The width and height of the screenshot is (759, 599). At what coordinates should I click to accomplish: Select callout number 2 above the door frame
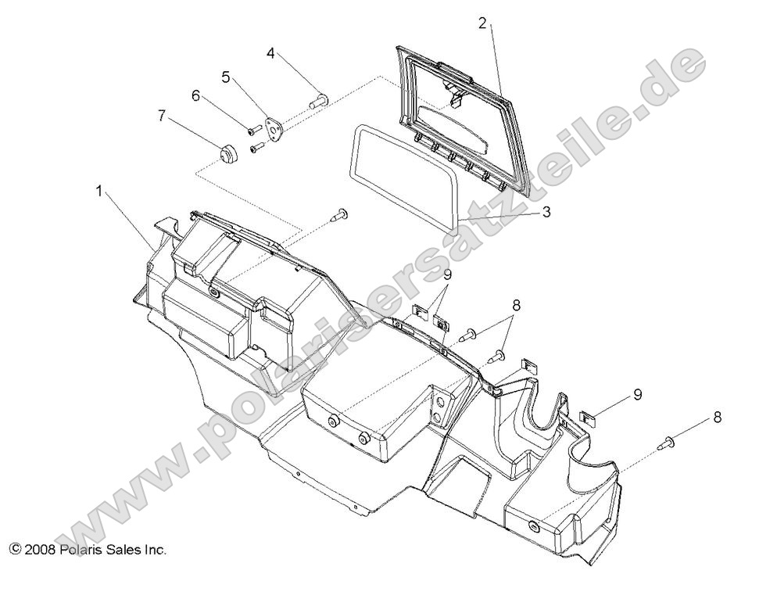483,23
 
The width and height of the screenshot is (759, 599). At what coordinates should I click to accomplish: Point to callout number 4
270,53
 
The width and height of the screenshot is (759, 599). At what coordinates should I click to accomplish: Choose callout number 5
226,77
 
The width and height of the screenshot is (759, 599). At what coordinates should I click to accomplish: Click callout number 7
162,116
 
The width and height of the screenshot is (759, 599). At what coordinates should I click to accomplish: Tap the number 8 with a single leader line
717,418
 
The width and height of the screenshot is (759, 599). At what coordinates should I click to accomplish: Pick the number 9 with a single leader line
638,395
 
